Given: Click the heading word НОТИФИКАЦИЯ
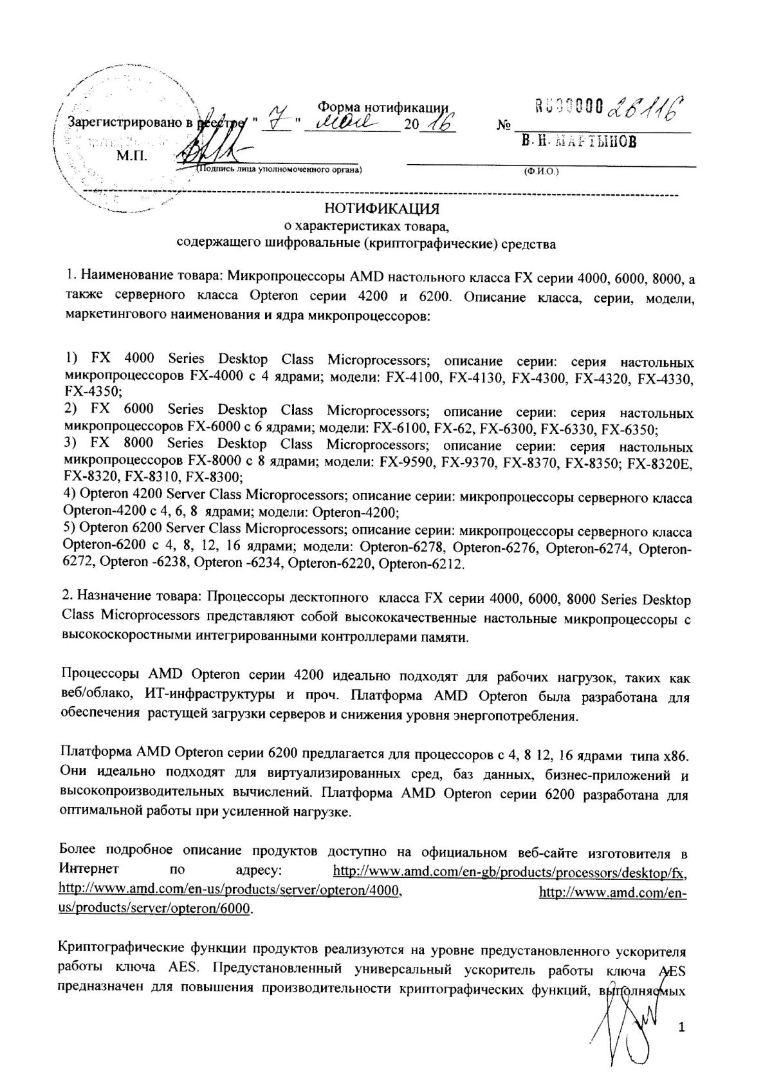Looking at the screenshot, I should (x=382, y=209).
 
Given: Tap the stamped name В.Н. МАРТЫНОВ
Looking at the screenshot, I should (x=578, y=142).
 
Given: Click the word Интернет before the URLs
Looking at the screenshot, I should (x=89, y=869).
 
